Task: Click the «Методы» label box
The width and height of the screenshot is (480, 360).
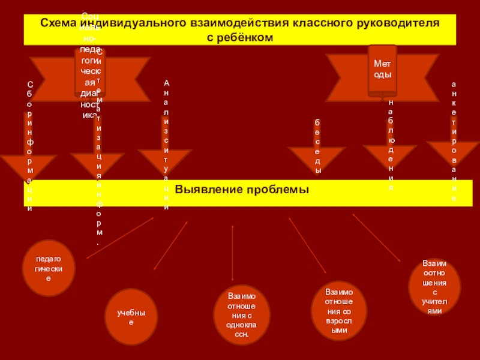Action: [382, 69]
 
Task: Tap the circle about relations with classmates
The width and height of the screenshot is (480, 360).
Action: [242, 315]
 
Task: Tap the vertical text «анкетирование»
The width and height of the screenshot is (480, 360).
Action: [454, 141]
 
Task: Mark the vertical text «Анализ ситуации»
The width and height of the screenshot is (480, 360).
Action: [166, 144]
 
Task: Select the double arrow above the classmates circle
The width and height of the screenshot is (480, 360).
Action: [232, 253]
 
